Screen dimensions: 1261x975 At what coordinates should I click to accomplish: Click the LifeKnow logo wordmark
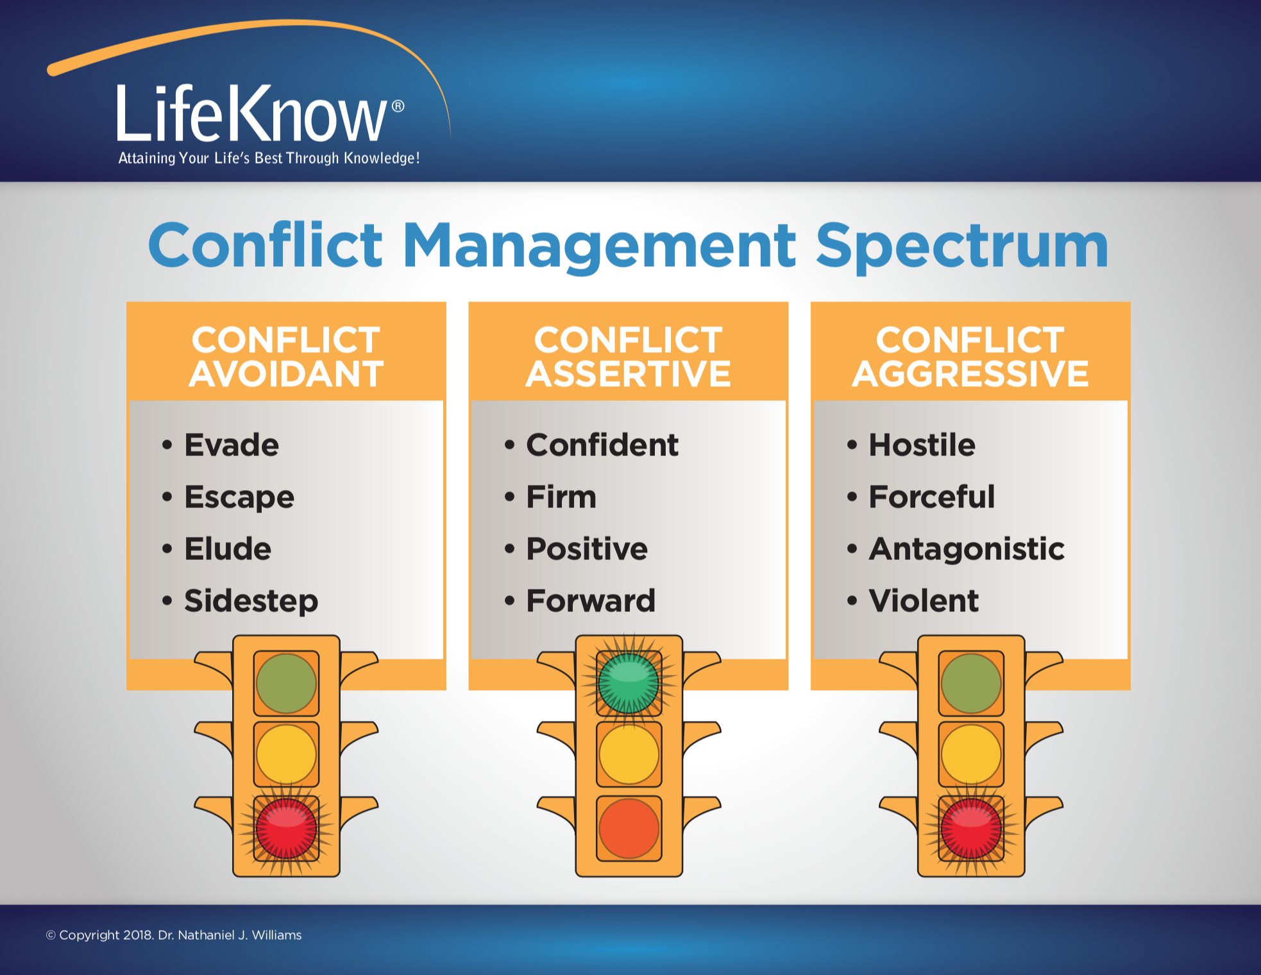click(251, 114)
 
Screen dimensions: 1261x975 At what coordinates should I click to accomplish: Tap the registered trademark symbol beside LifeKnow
click(398, 106)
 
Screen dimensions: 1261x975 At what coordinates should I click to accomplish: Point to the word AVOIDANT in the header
click(286, 374)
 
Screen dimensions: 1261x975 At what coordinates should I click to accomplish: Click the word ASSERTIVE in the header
click(629, 374)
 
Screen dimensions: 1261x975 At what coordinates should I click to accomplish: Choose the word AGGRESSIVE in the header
click(970, 374)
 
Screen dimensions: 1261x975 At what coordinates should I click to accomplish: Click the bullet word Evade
click(232, 445)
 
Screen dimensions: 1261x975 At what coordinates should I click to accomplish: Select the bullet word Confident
click(602, 445)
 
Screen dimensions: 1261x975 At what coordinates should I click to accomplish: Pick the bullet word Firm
click(561, 497)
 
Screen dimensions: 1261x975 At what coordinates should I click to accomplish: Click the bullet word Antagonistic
click(967, 550)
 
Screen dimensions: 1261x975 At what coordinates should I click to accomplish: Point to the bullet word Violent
click(924, 601)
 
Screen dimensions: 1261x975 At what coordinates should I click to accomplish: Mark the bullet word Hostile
click(922, 445)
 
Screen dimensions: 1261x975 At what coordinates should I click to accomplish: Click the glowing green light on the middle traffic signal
click(629, 683)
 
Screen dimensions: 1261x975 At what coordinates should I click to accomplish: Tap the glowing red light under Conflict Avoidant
click(286, 827)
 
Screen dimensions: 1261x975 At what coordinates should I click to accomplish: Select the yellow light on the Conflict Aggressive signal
click(971, 754)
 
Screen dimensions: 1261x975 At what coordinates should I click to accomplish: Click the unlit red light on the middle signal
click(629, 827)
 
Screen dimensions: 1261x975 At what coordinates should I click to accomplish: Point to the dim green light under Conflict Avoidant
click(286, 683)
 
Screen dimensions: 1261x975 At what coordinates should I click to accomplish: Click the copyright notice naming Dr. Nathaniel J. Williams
click(174, 935)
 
